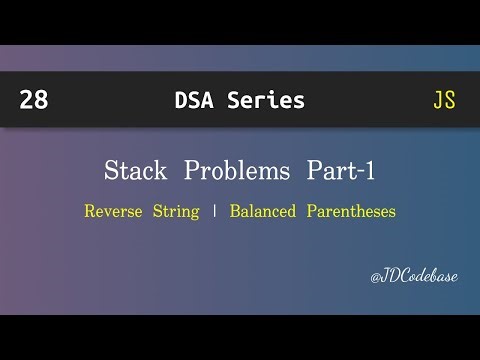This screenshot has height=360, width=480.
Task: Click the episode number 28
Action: [x=32, y=100]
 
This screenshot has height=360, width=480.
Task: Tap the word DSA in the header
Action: [x=194, y=100]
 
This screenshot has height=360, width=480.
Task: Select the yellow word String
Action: [x=176, y=211]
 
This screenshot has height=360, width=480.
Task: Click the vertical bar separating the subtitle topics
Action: [x=213, y=211]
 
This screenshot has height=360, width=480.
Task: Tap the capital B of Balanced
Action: [x=235, y=211]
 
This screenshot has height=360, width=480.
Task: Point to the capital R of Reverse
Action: [x=90, y=211]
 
